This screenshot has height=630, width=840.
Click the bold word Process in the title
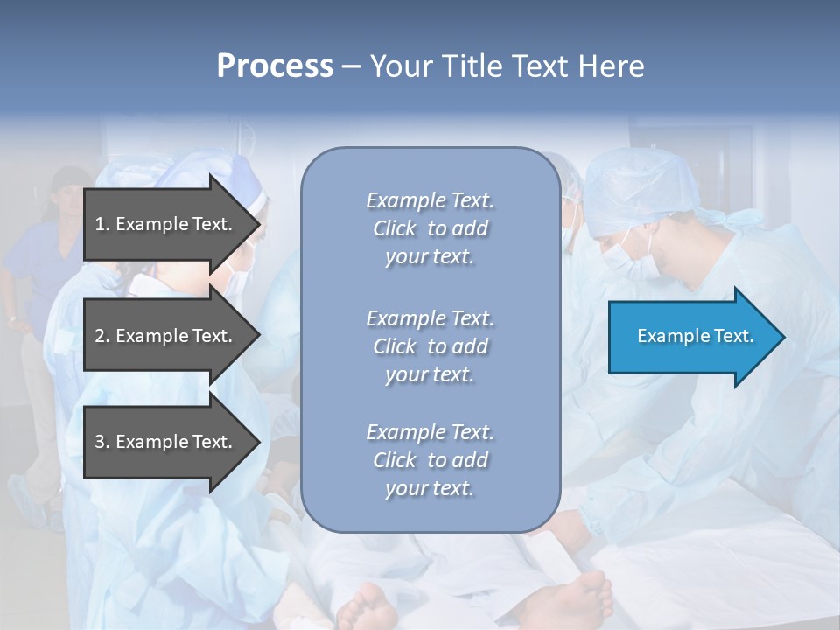pos(275,66)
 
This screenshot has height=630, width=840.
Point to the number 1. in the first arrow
pos(102,224)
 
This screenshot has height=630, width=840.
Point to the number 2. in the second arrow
pos(102,336)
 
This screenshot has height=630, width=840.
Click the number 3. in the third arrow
pos(102,442)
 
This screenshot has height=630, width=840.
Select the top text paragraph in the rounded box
pos(430,228)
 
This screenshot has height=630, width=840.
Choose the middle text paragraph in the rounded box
pos(430,346)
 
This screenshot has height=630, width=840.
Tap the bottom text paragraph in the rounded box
pos(430,460)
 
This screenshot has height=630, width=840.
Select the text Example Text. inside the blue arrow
pos(696,337)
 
